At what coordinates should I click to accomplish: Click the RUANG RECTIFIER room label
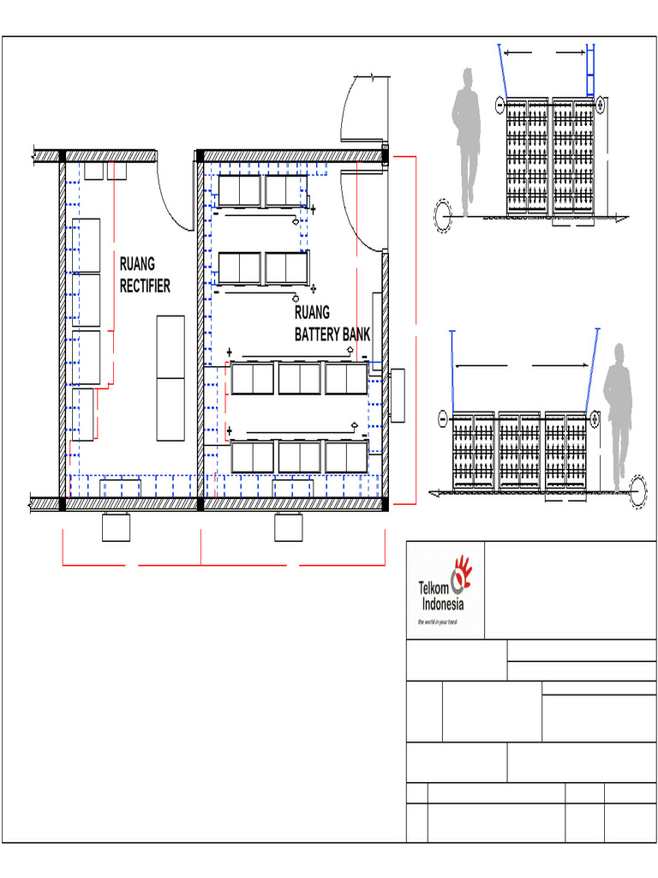145,275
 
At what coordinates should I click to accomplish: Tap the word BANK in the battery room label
353,335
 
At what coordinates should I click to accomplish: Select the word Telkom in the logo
434,588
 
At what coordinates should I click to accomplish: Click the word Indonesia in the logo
443,604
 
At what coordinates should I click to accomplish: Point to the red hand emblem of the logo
462,574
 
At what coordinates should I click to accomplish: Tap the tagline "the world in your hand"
438,622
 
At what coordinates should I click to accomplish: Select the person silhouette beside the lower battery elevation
618,418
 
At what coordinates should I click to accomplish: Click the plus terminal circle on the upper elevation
601,104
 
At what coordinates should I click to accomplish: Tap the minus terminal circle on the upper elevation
500,105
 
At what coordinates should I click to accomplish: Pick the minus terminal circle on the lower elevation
443,418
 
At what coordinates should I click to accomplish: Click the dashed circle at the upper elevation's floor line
443,216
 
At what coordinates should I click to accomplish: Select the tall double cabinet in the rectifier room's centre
170,378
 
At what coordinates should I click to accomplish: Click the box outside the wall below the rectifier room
116,527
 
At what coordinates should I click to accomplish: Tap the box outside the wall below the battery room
288,527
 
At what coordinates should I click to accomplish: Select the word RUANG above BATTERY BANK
312,312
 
